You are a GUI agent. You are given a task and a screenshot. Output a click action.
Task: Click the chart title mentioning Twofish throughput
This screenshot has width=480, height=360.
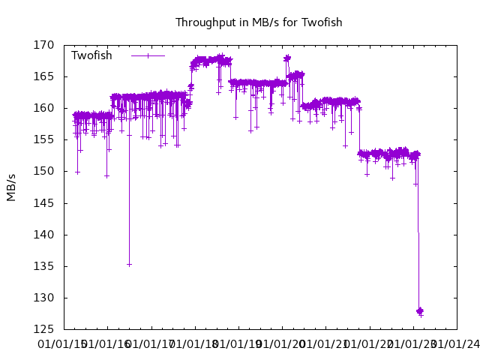click(259, 22)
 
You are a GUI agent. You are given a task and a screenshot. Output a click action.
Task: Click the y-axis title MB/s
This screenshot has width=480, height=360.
click(11, 187)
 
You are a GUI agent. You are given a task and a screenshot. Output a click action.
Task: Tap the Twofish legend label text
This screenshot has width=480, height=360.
click(91, 55)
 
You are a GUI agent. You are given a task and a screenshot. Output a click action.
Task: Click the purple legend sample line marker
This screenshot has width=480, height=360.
click(148, 55)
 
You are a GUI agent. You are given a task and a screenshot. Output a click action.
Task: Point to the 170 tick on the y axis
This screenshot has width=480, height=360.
click(43, 45)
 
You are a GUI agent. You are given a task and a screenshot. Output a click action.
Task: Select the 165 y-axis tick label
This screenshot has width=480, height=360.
click(43, 76)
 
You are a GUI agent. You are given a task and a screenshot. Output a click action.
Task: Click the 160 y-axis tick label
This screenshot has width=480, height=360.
click(43, 108)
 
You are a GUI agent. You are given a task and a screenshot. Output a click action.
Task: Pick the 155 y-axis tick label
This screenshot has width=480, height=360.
click(43, 139)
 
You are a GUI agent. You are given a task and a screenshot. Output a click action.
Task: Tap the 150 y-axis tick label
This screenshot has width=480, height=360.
click(43, 171)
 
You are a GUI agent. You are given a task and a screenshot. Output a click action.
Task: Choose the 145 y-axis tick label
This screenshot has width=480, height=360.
click(43, 203)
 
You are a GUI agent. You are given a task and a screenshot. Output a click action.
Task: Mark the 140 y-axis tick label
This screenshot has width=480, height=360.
click(43, 235)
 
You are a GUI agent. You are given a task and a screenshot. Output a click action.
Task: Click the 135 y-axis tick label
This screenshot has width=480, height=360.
click(43, 266)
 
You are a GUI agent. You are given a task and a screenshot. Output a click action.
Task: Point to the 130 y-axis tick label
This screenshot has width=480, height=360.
click(43, 298)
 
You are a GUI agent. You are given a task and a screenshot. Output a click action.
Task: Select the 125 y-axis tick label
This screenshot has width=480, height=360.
click(43, 329)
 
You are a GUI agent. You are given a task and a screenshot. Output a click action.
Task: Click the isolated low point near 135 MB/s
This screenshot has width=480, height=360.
click(129, 264)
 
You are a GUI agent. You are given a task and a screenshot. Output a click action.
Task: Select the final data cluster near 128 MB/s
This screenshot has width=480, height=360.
click(420, 310)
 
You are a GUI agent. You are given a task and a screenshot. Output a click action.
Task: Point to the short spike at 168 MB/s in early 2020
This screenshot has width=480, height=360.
click(286, 58)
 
